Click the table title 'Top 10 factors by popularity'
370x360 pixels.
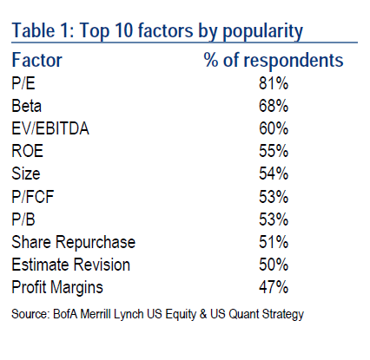pos(157,32)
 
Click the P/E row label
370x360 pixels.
pos(25,86)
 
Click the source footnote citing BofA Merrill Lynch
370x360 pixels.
pos(159,312)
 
